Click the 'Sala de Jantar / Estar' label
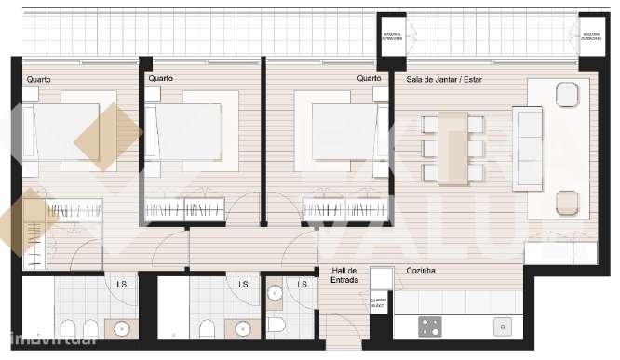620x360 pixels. (x=445, y=79)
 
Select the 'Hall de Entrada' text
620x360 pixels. (x=345, y=276)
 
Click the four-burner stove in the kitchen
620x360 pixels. (x=430, y=326)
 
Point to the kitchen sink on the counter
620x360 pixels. (x=502, y=326)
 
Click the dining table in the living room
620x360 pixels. (x=453, y=147)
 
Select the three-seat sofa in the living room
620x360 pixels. (x=528, y=149)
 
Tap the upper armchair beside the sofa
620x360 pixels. (x=566, y=94)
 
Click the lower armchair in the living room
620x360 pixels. (x=566, y=202)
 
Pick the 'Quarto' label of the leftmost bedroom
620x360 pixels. (x=39, y=79)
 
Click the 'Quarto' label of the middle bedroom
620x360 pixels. (x=160, y=79)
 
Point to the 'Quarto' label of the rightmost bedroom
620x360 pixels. (x=370, y=79)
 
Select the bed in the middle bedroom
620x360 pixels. (x=186, y=130)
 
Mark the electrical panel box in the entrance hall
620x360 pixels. (x=379, y=303)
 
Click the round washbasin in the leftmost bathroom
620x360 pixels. (x=121, y=327)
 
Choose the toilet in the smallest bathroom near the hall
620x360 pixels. (x=277, y=326)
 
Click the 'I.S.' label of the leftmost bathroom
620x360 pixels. (x=121, y=285)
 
